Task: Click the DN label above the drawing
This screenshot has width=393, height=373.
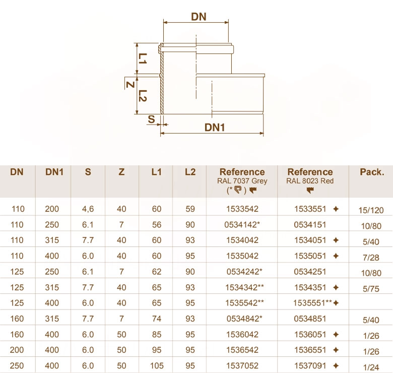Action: coord(199,17)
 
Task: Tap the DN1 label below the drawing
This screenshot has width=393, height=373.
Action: coord(215,128)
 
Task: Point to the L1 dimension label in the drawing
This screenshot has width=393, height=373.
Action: coord(143,58)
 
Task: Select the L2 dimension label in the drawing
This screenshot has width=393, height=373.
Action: coord(143,96)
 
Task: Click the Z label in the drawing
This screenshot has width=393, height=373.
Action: coord(130,85)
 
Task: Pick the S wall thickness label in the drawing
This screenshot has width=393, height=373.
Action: coord(151,119)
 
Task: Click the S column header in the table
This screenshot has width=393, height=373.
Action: coord(88,172)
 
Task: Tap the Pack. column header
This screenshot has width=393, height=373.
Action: coord(372,172)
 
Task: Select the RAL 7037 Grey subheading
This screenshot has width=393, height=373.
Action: coord(242,181)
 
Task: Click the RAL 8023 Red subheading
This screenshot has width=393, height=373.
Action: coord(310,181)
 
